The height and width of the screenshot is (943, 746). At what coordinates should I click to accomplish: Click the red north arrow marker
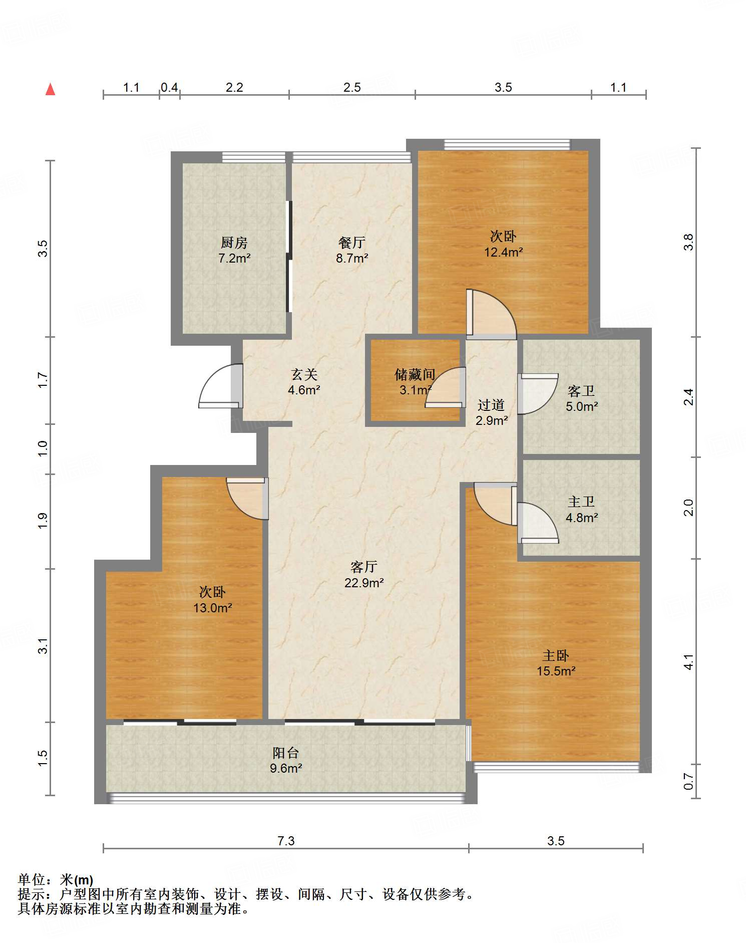pos(50,89)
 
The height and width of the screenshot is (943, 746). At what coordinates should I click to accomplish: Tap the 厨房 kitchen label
pos(234,243)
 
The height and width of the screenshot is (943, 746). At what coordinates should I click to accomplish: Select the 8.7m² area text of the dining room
pos(352,259)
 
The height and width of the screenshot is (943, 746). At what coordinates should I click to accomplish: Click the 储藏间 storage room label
pos(415,374)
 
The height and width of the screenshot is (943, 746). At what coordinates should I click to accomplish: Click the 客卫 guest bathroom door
pos(538,394)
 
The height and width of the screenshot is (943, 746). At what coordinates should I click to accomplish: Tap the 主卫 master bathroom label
pos(581,502)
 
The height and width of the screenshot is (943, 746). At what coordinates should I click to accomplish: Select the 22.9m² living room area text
pos(364,583)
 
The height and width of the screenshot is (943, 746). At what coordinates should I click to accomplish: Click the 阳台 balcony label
pos(286,753)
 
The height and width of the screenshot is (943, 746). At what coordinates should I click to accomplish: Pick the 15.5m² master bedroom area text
pos(556,671)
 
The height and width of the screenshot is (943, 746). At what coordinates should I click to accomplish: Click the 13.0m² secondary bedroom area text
pos(213,608)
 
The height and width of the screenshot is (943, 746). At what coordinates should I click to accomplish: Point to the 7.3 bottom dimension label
pos(286,841)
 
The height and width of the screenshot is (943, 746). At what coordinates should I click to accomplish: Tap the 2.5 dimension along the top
pos(352,88)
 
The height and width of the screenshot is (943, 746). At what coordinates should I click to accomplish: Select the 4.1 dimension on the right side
pos(689,662)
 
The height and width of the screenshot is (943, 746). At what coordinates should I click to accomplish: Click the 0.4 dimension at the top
pos(169,88)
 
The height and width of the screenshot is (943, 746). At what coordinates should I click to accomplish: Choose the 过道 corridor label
pos(491,405)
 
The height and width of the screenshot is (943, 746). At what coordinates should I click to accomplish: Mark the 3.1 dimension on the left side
pos(43,646)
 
